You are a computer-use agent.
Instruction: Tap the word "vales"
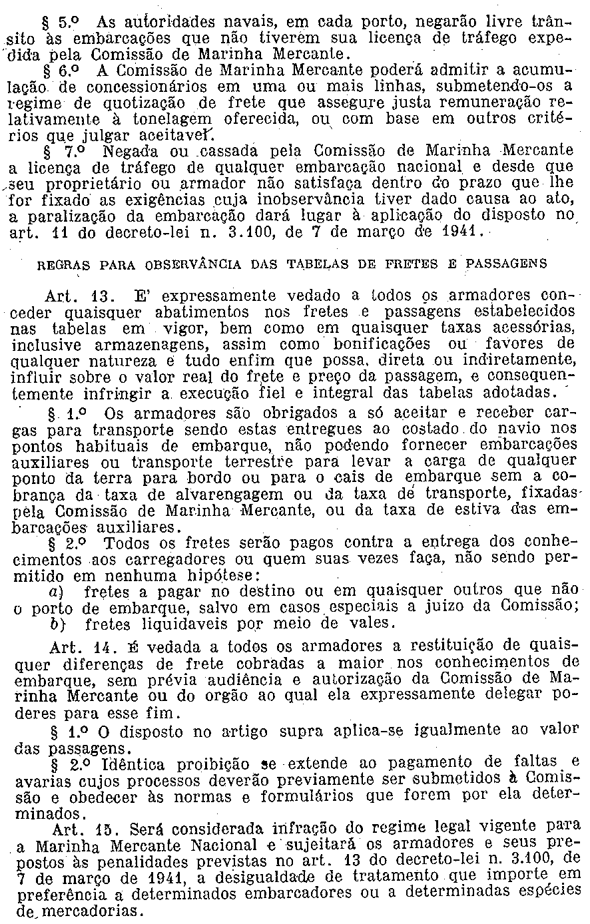[374, 623]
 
